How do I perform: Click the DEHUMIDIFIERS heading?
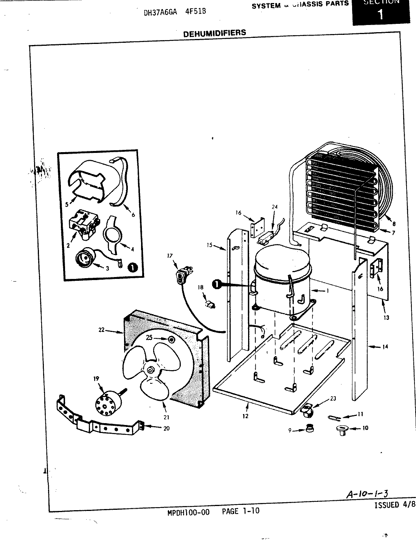[x=214, y=33]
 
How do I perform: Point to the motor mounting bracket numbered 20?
[x=98, y=422]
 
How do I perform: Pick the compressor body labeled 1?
[x=282, y=288]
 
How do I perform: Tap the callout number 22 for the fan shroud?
[x=101, y=330]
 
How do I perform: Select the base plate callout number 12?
[x=245, y=416]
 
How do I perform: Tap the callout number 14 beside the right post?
[x=385, y=346]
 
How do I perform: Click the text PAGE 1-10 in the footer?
[x=240, y=511]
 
